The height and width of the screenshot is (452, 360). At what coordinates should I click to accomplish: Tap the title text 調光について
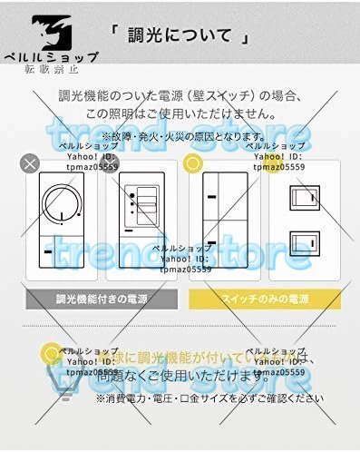[x=180, y=37]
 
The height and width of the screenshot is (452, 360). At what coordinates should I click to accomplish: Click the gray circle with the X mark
[x=30, y=163]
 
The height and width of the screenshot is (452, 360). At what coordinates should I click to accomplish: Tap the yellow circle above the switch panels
[x=192, y=163]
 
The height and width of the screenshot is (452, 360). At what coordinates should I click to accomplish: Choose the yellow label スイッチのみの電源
[x=264, y=298]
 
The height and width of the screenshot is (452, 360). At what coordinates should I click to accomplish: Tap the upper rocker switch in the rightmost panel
[x=304, y=197]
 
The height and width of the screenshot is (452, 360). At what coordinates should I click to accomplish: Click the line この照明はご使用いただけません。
[x=180, y=114]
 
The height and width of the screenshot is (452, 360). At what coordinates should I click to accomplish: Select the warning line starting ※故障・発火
[x=180, y=135]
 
